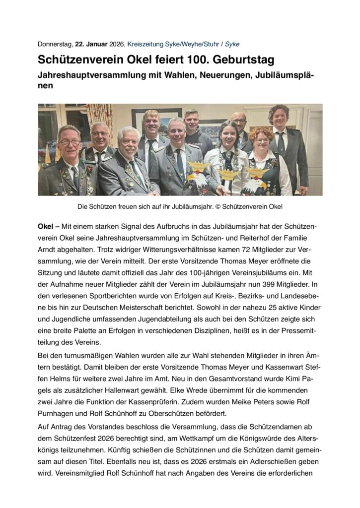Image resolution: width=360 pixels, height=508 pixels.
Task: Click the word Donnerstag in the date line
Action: click(x=55, y=44)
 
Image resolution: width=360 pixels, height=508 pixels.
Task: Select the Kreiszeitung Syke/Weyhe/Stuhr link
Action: click(x=168, y=44)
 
